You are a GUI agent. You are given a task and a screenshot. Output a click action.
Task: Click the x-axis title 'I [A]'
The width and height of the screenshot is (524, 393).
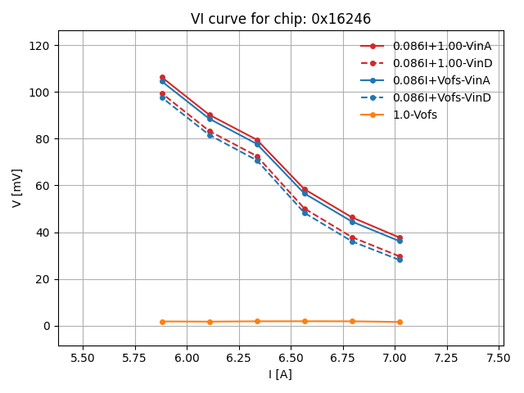tap(279, 375)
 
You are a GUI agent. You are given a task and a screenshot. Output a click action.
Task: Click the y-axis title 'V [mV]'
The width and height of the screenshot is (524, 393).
tap(17, 187)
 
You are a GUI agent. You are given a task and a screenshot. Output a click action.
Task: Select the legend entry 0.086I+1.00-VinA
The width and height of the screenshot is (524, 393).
tap(441, 46)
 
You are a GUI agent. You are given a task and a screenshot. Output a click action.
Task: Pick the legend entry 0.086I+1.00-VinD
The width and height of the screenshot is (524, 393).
tap(441, 63)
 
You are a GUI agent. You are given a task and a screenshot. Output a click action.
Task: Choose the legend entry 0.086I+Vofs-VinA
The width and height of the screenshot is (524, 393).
tap(441, 80)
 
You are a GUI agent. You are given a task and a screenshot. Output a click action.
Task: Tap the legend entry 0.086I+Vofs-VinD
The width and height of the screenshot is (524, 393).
tap(441, 97)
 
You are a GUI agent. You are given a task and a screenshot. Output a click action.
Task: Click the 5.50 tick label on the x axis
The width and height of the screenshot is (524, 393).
tap(83, 359)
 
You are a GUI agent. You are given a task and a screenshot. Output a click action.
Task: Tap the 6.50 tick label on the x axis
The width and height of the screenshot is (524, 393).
tap(291, 359)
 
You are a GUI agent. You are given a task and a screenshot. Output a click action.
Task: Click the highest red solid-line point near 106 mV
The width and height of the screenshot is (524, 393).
tap(162, 78)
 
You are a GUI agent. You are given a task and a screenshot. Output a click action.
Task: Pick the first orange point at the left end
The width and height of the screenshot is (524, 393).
tap(162, 322)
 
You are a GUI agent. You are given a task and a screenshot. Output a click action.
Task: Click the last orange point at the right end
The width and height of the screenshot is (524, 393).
tap(400, 322)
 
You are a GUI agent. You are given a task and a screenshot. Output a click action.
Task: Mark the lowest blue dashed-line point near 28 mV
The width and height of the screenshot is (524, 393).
tap(400, 260)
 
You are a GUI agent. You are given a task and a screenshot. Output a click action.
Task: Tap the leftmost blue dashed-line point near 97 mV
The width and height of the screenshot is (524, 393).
tap(162, 97)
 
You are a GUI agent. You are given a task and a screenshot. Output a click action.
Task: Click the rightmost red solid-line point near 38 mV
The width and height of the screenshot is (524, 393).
tap(400, 237)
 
